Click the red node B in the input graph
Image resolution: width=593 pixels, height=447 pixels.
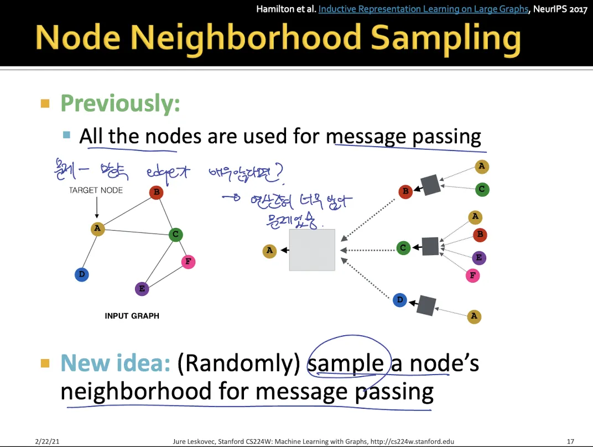(156, 193)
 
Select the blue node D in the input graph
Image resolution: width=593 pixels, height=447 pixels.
(82, 274)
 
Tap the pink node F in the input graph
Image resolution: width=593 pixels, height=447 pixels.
(189, 262)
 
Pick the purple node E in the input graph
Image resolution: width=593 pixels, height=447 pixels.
(142, 288)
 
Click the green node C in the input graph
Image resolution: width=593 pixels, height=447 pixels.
(175, 235)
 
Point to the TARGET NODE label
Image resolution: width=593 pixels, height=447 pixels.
(96, 190)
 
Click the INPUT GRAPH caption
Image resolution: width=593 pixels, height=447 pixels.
(132, 316)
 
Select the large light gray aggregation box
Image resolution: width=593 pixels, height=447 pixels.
(312, 250)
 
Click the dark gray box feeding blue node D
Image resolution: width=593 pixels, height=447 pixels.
(426, 305)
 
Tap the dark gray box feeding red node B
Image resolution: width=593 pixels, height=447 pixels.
(430, 185)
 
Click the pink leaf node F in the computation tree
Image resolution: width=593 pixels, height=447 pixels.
(472, 276)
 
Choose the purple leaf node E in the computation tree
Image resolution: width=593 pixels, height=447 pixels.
(479, 257)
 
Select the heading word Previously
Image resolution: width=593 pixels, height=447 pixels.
(120, 103)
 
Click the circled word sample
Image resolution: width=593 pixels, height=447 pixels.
(346, 363)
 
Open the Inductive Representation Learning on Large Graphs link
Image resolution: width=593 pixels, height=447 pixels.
(423, 9)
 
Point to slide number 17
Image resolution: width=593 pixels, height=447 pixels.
(570, 441)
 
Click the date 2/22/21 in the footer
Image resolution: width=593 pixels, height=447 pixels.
(47, 441)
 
